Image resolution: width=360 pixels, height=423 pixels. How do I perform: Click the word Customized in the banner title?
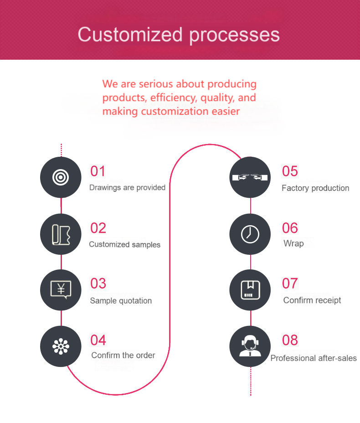[130, 35]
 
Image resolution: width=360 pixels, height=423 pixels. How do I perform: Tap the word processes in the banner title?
[235, 36]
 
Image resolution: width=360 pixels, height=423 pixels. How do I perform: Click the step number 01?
[98, 171]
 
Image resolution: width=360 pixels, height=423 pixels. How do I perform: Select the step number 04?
[98, 340]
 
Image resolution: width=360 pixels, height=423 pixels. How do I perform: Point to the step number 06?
[290, 228]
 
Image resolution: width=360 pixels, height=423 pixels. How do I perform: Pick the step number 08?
[290, 340]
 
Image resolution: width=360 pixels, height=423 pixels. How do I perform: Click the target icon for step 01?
[61, 177]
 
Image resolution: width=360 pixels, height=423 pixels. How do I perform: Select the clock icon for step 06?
[250, 234]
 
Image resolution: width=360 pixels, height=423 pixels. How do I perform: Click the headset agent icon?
[250, 346]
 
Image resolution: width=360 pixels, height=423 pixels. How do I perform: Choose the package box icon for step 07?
[250, 290]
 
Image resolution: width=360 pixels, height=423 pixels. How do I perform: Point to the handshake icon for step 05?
[250, 177]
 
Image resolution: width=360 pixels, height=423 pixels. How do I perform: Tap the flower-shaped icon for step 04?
[61, 346]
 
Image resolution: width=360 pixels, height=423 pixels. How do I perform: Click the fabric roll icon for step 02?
[61, 234]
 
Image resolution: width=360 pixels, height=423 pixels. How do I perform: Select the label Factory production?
[315, 188]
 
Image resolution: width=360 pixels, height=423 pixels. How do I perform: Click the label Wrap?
[293, 243]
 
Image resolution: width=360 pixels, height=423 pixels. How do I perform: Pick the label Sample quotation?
[121, 301]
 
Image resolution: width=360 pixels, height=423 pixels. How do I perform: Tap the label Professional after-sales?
[314, 358]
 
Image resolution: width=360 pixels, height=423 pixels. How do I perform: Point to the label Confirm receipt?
[312, 300]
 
